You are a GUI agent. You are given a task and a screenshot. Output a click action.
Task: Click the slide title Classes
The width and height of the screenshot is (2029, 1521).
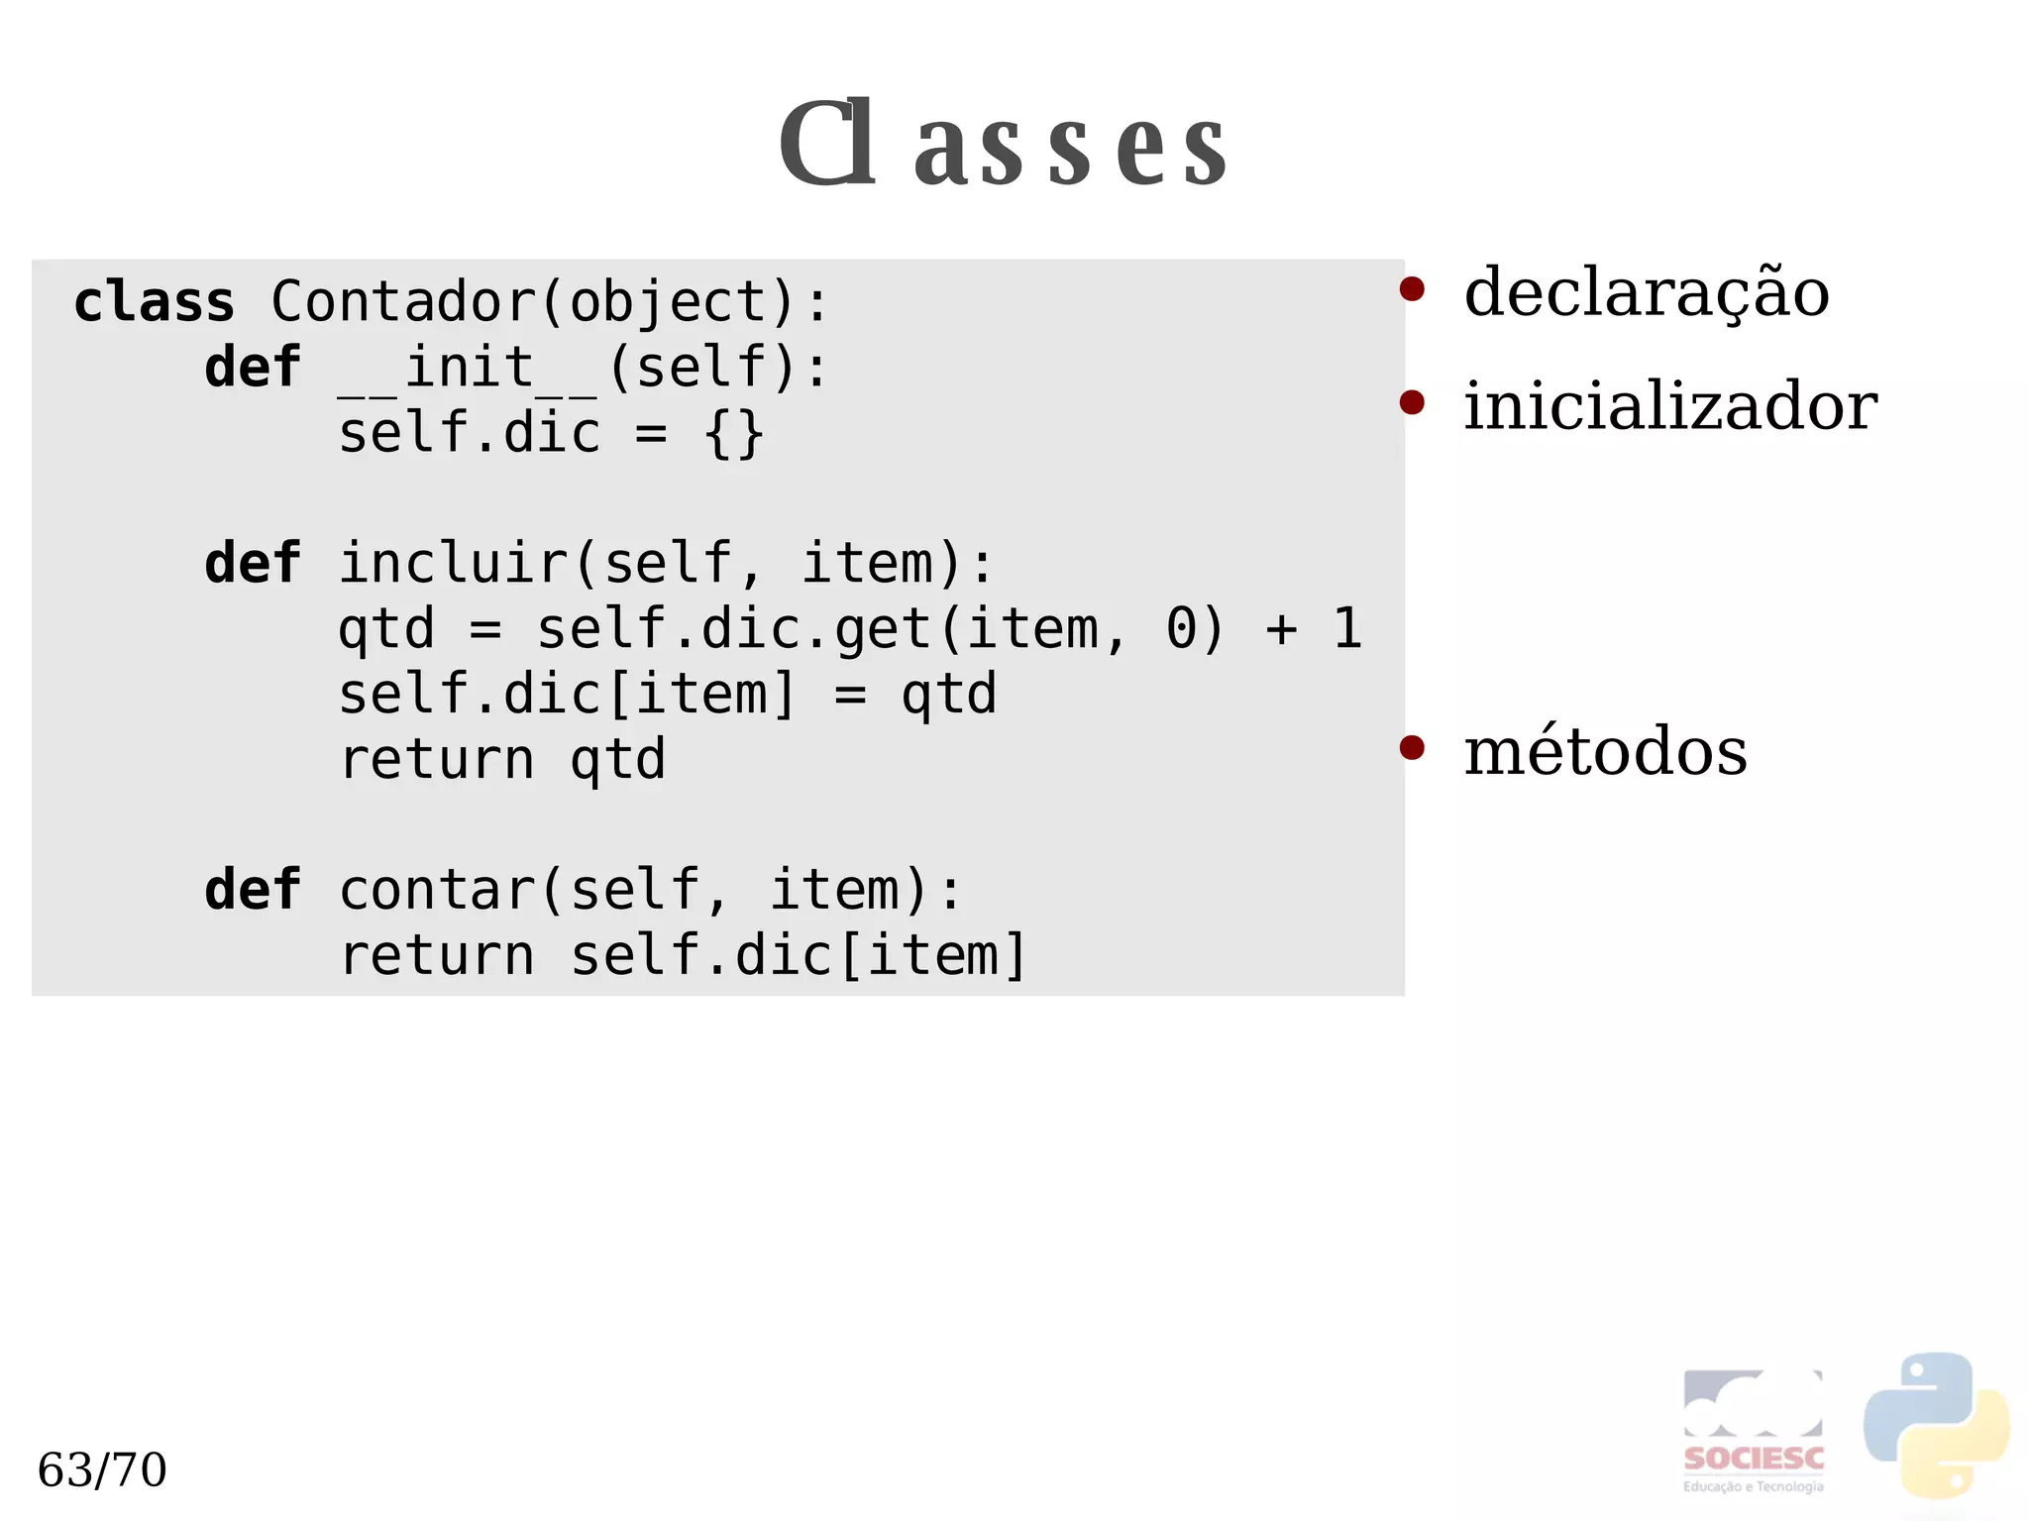[x=1003, y=145]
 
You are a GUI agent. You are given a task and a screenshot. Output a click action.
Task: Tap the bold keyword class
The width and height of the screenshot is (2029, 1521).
[x=154, y=301]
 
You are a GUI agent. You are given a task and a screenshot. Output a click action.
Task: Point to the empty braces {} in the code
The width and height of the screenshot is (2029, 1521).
[x=733, y=433]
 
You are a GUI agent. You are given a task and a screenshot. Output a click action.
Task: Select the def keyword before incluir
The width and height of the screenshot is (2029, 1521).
[x=252, y=564]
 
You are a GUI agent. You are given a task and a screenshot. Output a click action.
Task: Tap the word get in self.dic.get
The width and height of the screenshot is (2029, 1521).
[x=883, y=629]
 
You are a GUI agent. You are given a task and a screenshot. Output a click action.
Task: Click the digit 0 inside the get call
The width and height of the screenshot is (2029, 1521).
[x=1181, y=628]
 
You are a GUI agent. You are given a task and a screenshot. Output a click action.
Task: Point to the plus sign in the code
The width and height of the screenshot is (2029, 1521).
[x=1281, y=629]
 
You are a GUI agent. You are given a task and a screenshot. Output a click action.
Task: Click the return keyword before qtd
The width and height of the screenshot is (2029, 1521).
[x=436, y=760]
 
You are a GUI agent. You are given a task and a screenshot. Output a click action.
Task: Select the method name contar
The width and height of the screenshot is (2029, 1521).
[x=436, y=890]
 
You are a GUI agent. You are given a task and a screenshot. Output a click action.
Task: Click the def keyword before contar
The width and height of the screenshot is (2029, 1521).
[x=252, y=890]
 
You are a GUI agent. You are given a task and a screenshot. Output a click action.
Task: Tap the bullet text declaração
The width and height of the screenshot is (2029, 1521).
[x=1646, y=293]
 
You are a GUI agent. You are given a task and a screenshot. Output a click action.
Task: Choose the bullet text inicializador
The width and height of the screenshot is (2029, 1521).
[x=1670, y=406]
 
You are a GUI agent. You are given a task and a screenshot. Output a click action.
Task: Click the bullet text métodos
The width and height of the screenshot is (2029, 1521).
[x=1605, y=751]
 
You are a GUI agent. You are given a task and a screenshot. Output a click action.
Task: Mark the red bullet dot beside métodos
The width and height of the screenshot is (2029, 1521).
[x=1412, y=747]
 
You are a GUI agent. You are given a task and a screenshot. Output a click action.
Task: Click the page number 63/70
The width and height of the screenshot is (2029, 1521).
[x=102, y=1469]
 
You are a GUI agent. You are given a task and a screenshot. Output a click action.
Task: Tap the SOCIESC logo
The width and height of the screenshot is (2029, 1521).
[x=1753, y=1431]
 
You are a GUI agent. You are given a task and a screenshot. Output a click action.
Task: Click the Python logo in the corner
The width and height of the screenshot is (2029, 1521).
[x=1936, y=1424]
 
